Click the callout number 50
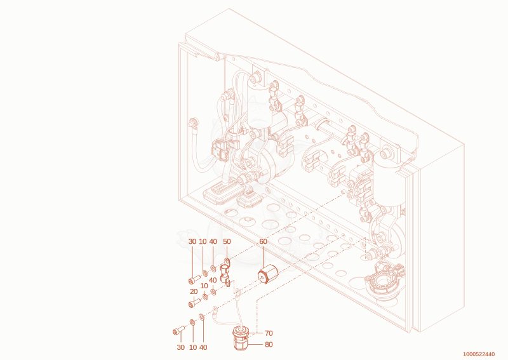(x=227, y=241)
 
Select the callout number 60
(x=263, y=241)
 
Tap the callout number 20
(x=194, y=291)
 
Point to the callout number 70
(x=269, y=333)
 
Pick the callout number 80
(x=269, y=345)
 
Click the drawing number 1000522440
(x=479, y=354)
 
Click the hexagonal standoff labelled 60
(x=268, y=274)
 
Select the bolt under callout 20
(x=194, y=303)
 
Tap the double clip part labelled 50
(x=226, y=272)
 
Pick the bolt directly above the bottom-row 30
(x=178, y=331)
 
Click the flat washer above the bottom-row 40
(x=201, y=316)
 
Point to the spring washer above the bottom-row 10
(x=192, y=323)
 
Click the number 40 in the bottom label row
(x=203, y=347)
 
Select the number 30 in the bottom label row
(x=181, y=347)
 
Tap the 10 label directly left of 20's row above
(x=204, y=286)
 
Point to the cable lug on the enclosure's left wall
(x=193, y=124)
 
